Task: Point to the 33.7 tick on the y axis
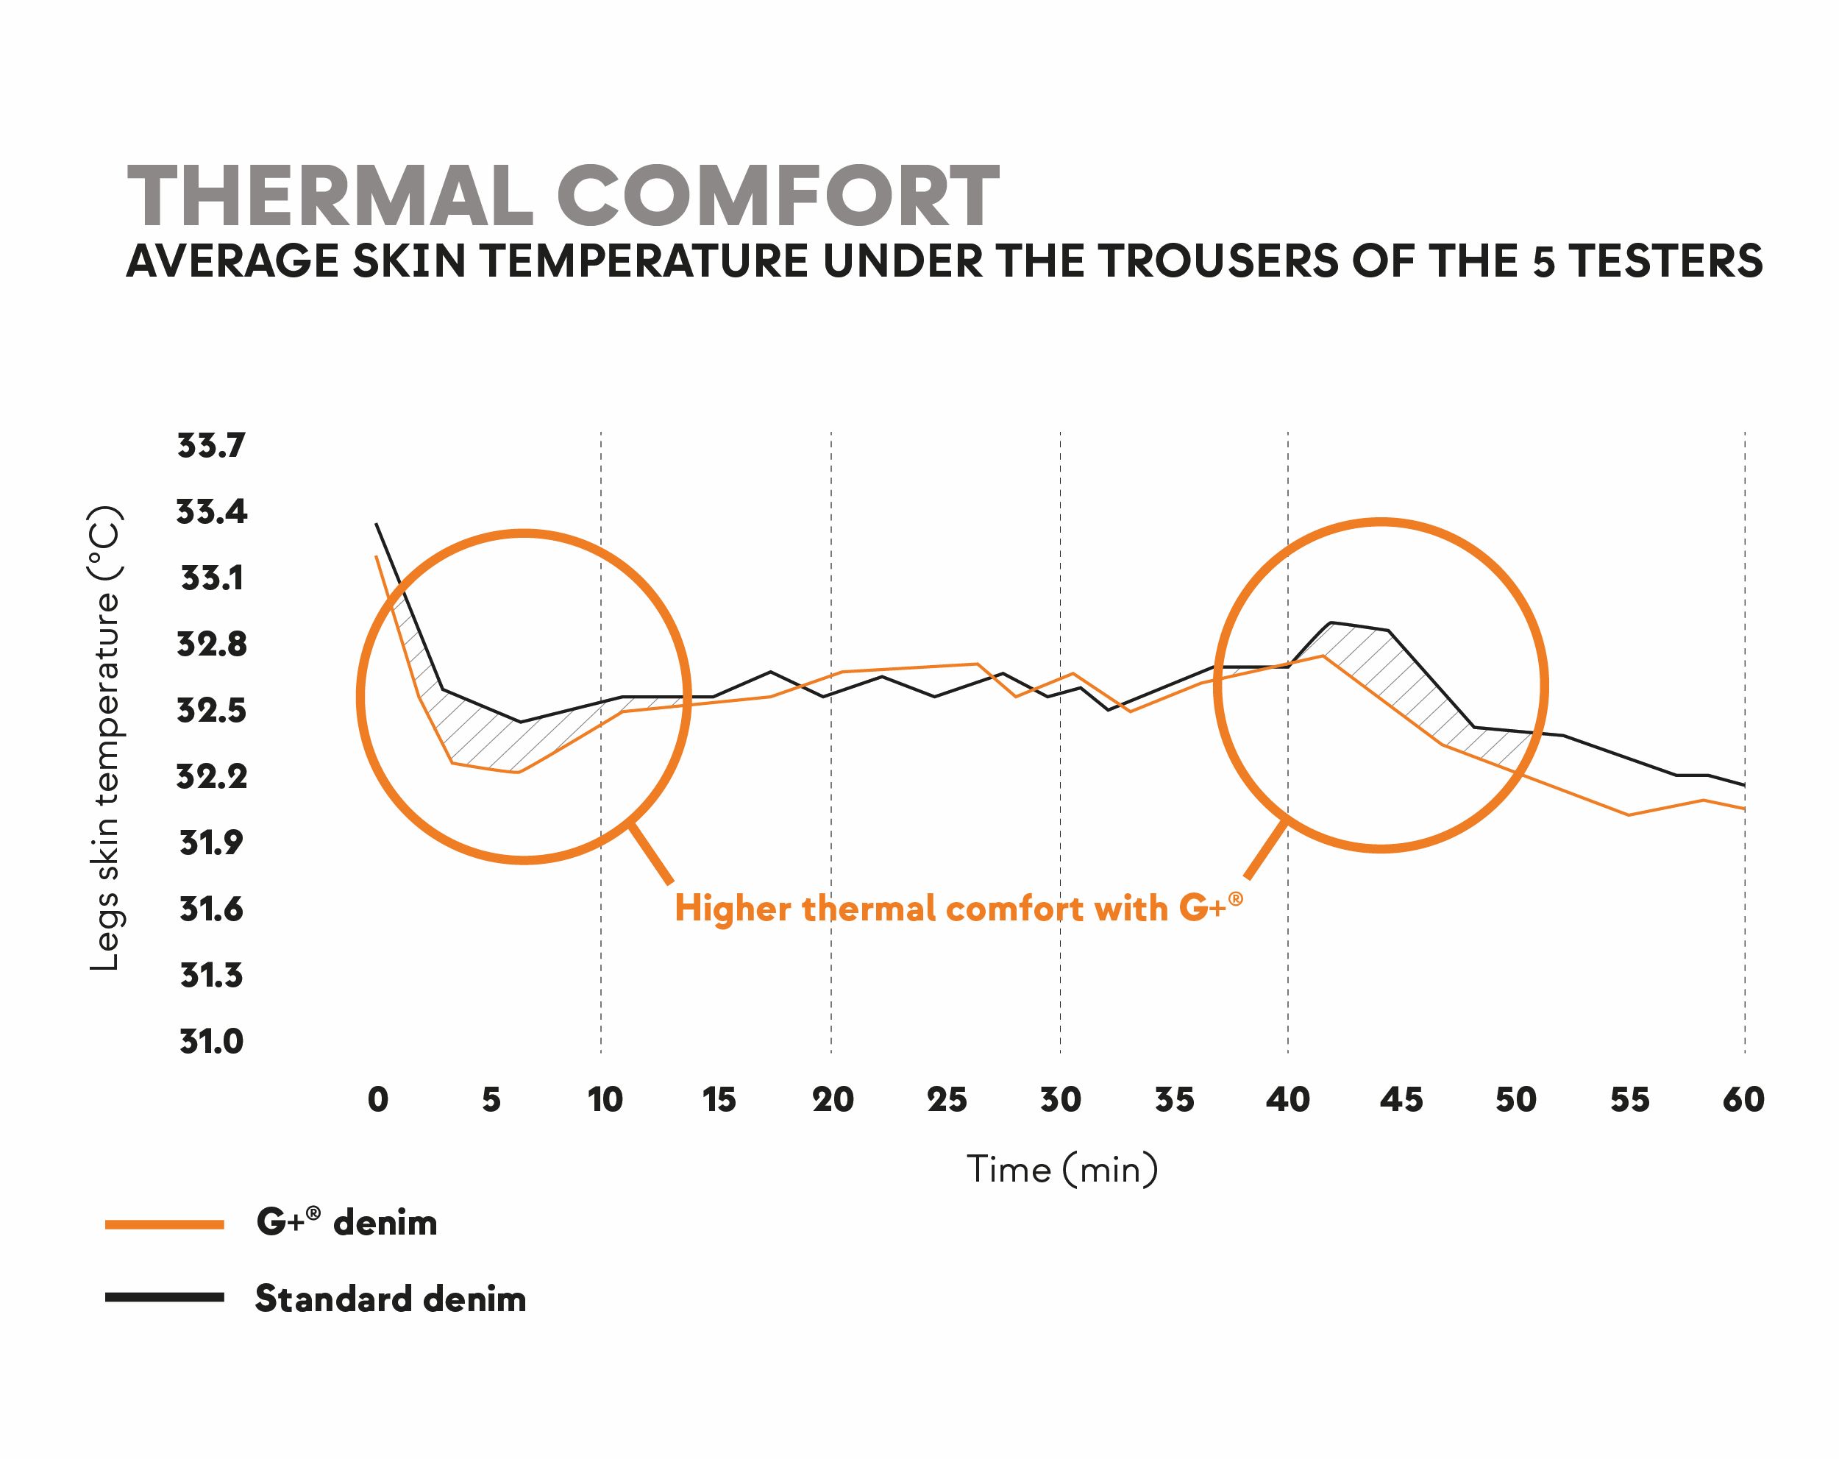(210, 445)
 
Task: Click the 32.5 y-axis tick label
(210, 710)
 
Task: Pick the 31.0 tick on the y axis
(210, 1041)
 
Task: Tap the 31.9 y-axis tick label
(210, 843)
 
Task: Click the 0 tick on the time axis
(378, 1099)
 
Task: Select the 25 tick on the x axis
(947, 1099)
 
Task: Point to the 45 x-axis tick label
(1401, 1099)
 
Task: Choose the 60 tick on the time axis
(1743, 1099)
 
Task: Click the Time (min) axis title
(1062, 1169)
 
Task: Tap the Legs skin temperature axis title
(105, 738)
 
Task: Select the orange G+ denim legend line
(165, 1224)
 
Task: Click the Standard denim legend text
(391, 1299)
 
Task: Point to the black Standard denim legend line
(165, 1297)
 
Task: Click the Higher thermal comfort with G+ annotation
(957, 908)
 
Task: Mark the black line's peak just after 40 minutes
(1331, 623)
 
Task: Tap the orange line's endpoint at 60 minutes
(1744, 808)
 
